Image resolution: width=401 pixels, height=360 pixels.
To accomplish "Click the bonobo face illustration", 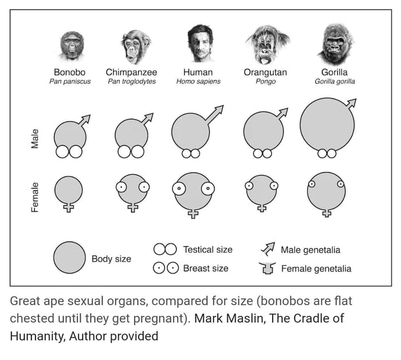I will click(72, 46).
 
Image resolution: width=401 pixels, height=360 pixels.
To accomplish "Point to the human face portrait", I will click(199, 43).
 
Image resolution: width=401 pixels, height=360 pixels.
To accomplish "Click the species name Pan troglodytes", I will click(132, 82).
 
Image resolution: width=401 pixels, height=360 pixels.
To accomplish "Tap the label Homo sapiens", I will click(198, 82).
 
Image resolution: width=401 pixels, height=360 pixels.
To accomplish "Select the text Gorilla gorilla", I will click(335, 82).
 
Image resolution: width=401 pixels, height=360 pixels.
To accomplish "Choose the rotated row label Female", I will click(35, 197).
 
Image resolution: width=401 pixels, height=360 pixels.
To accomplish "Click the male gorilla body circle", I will click(327, 125).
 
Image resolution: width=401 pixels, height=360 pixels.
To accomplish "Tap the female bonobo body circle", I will click(68, 189).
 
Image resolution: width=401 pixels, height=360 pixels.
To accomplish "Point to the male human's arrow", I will click(215, 114).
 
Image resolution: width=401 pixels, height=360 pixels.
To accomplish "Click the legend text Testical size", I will click(207, 250).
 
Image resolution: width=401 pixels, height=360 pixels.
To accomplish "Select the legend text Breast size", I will click(205, 268).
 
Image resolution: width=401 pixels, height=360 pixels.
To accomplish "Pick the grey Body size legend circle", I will click(69, 258).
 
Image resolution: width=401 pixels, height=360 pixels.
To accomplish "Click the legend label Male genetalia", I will click(310, 250).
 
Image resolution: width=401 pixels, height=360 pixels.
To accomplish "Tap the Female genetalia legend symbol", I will click(267, 268).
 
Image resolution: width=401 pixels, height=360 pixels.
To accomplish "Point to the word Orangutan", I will click(265, 73).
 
